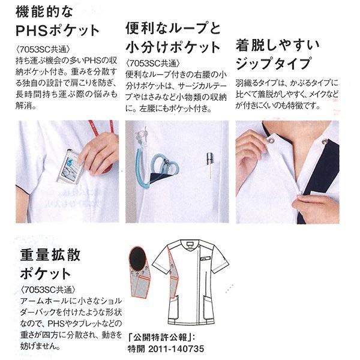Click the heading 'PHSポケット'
(58, 31)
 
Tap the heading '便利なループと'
(173, 28)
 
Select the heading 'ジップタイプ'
(274, 63)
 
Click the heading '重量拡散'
(50, 255)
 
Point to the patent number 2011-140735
(176, 349)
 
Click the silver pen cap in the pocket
(209, 158)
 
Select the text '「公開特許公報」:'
(161, 337)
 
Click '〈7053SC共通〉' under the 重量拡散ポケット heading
(48, 290)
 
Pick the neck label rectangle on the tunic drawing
(190, 244)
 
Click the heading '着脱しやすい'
(278, 45)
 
